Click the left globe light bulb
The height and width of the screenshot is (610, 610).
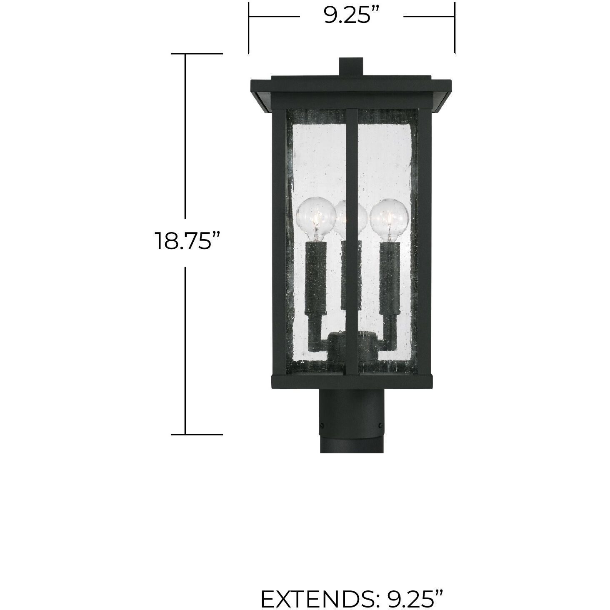316,217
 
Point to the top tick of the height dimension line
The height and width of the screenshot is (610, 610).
197,54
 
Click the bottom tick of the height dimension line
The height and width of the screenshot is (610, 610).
197,434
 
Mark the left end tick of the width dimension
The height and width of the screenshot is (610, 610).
249,27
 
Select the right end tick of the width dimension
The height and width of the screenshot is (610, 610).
454,27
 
